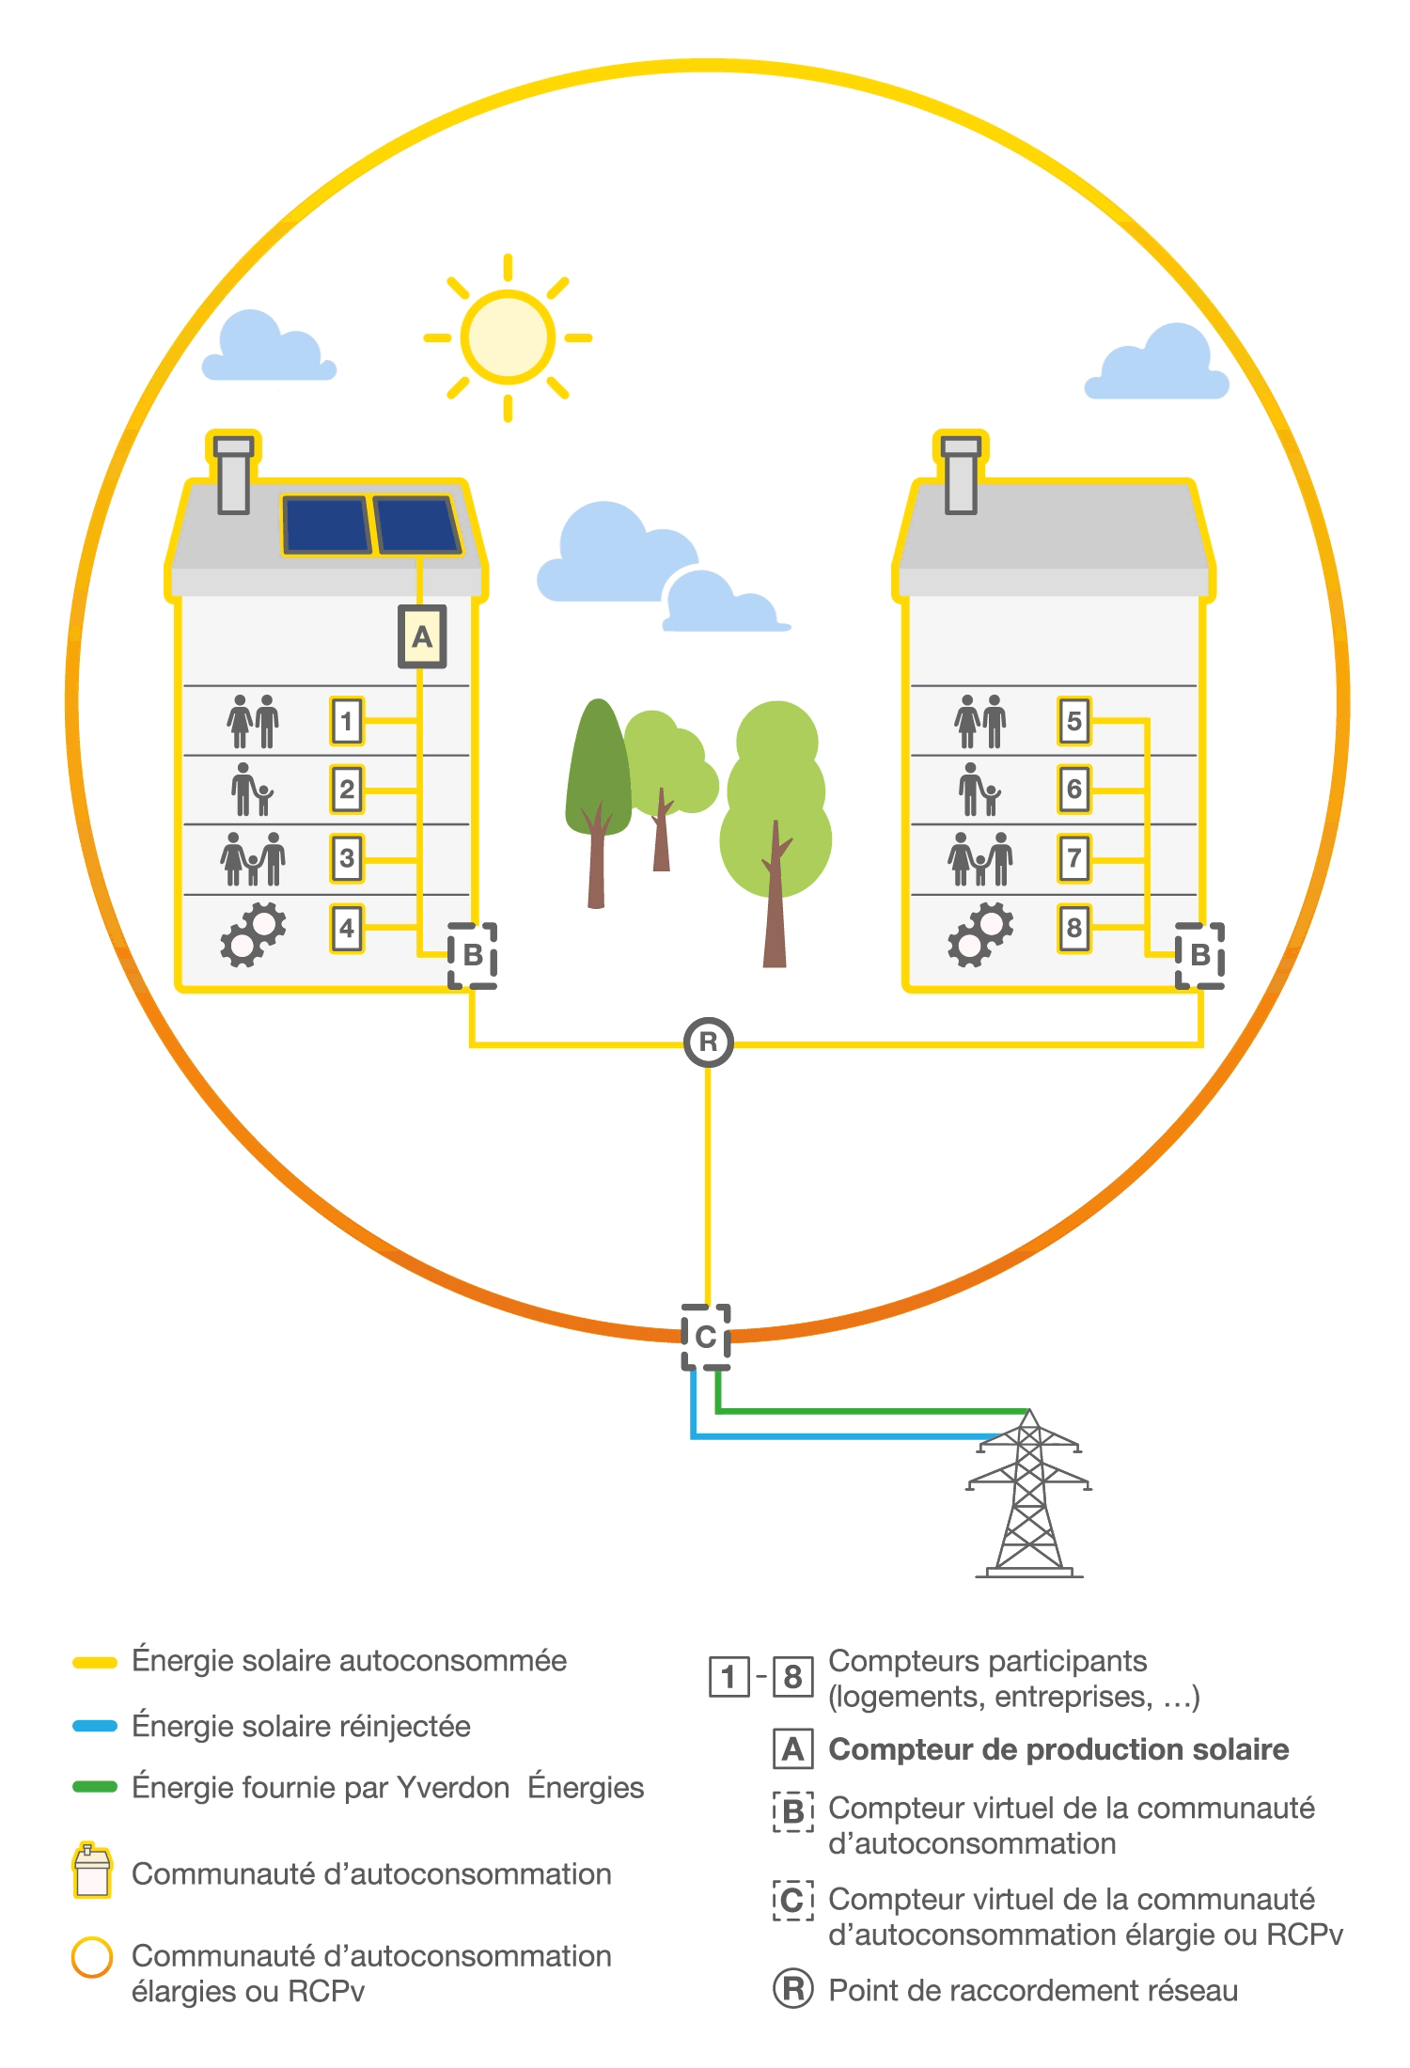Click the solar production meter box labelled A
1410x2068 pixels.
point(422,637)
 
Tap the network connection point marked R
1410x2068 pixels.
point(708,1042)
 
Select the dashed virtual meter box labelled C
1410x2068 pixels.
point(706,1337)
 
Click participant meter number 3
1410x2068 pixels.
point(347,858)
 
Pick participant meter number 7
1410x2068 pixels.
point(1074,858)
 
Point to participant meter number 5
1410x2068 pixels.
point(1074,721)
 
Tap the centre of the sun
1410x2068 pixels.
point(508,337)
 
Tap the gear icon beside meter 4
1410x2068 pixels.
point(253,933)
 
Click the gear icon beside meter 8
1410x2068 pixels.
point(980,933)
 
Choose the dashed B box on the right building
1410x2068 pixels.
point(1200,955)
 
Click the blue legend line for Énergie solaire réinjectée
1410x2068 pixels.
point(95,1726)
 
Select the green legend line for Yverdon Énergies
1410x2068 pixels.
point(95,1787)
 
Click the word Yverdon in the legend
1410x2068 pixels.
point(453,1787)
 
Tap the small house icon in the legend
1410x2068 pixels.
point(92,1872)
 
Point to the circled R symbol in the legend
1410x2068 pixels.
point(792,1989)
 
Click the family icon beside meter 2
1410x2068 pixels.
point(252,790)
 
